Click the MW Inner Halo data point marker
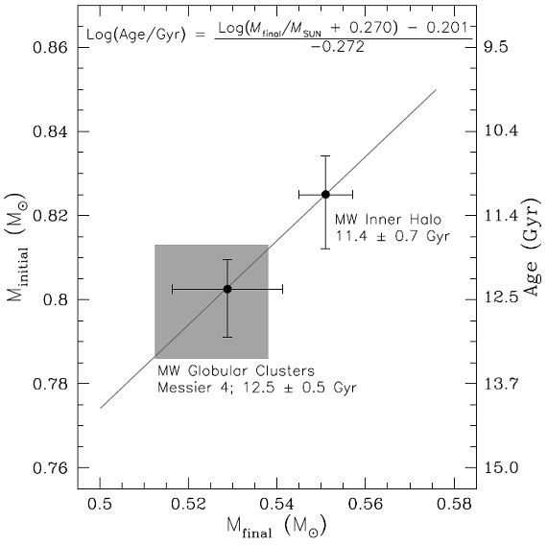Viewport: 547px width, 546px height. [325, 195]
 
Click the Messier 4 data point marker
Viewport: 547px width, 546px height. [227, 289]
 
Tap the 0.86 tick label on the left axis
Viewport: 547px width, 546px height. [50, 47]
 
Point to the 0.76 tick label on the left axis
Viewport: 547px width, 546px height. [50, 468]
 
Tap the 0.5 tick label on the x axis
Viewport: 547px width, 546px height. [100, 505]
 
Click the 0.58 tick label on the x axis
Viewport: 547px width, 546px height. [454, 505]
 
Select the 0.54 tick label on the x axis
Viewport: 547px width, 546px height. [276, 505]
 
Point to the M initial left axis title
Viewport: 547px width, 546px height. [16, 249]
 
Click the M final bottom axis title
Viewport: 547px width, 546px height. [276, 528]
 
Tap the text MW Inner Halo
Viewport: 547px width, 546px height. [388, 220]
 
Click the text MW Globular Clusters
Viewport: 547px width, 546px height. [236, 370]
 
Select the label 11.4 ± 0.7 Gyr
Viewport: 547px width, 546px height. [392, 236]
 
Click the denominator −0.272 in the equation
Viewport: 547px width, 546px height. [338, 46]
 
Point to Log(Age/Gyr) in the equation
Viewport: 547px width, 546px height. [136, 35]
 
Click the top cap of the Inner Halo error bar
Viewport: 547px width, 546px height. [325, 156]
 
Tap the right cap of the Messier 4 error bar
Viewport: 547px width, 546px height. [282, 289]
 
